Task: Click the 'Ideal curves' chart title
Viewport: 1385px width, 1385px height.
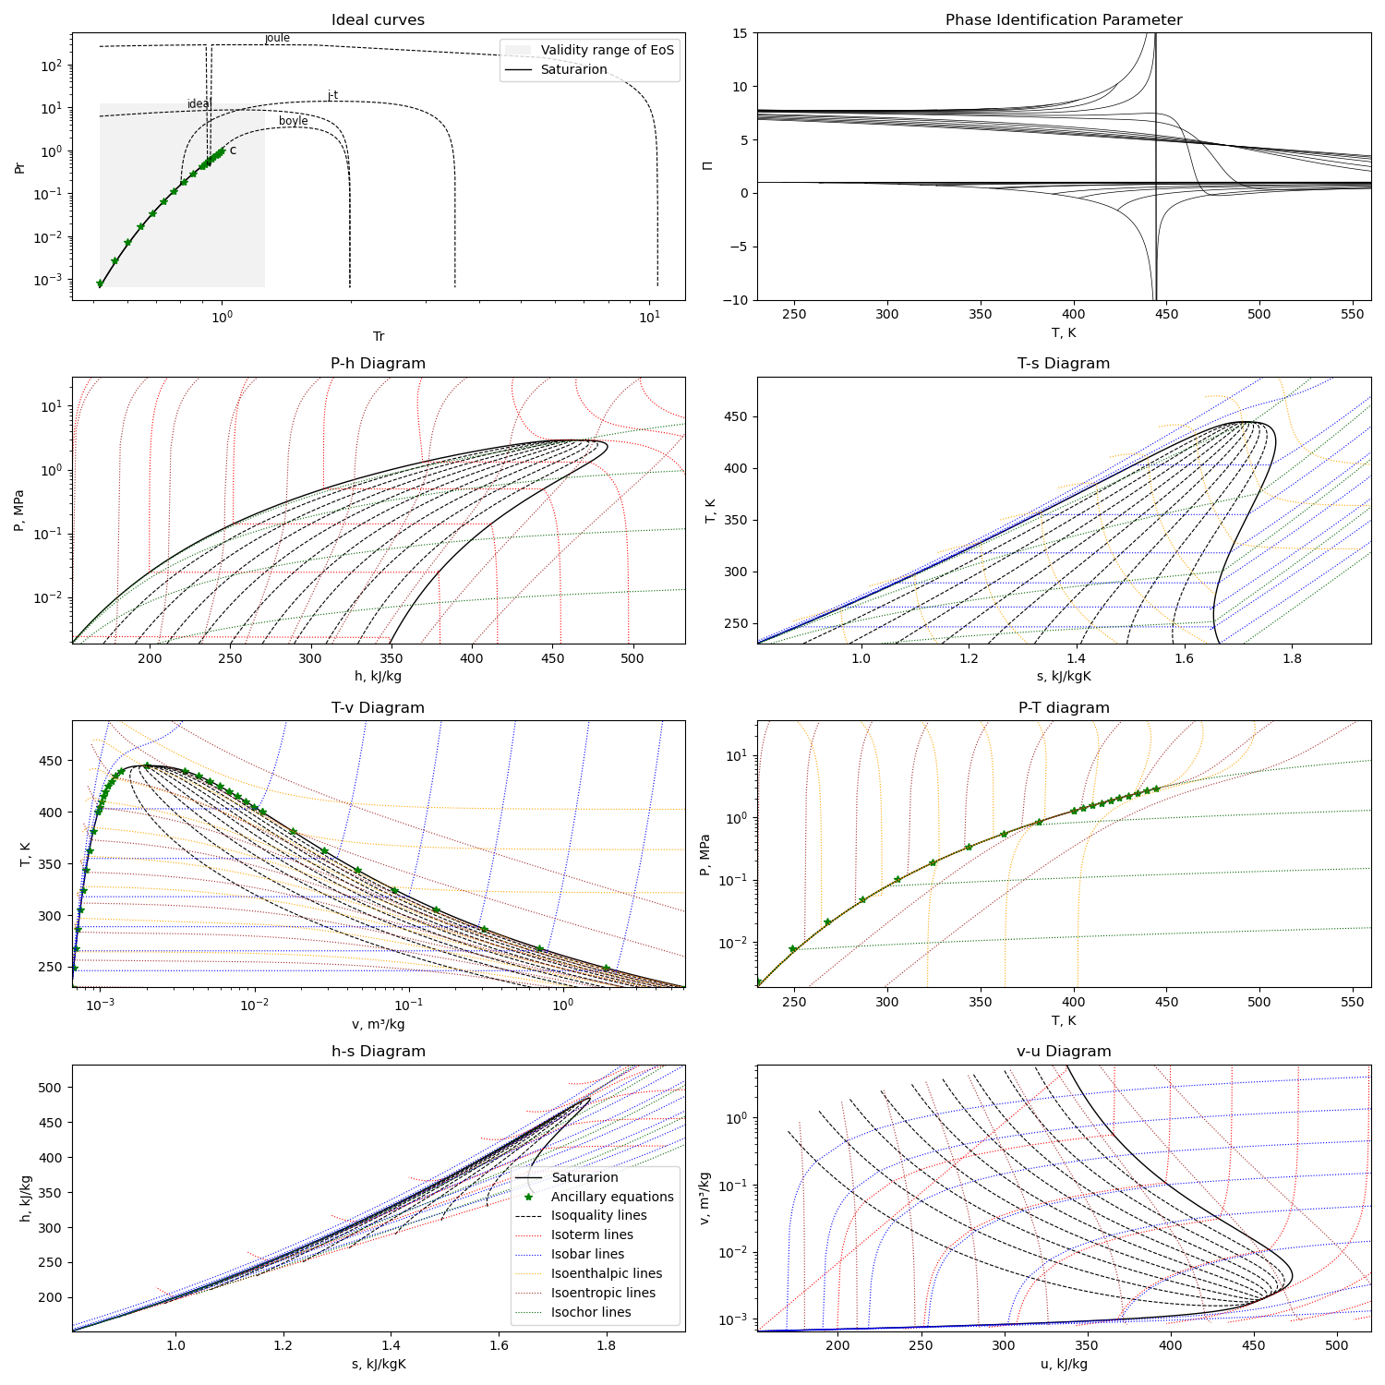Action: click(x=379, y=19)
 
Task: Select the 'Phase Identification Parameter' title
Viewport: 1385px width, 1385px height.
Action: click(x=1064, y=19)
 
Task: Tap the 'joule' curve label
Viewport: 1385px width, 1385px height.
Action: click(x=277, y=38)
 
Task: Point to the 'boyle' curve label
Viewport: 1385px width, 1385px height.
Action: click(x=294, y=121)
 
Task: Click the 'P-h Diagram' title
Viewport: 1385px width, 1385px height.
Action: click(x=379, y=364)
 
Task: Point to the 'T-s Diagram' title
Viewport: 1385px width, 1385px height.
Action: click(x=1064, y=364)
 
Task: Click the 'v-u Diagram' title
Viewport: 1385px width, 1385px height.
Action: click(x=1064, y=1052)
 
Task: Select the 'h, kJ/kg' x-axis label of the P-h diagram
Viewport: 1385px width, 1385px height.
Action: click(x=379, y=676)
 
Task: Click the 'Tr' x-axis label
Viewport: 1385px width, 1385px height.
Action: click(x=379, y=336)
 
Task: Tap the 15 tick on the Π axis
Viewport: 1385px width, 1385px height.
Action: click(x=741, y=33)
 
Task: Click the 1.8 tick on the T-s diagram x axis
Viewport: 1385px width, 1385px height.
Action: click(x=1292, y=658)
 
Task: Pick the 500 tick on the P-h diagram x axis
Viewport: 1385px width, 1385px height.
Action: click(x=632, y=658)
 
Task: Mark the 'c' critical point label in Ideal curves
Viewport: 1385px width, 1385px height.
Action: click(x=233, y=151)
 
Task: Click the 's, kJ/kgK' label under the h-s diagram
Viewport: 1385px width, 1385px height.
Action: click(x=379, y=1364)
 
